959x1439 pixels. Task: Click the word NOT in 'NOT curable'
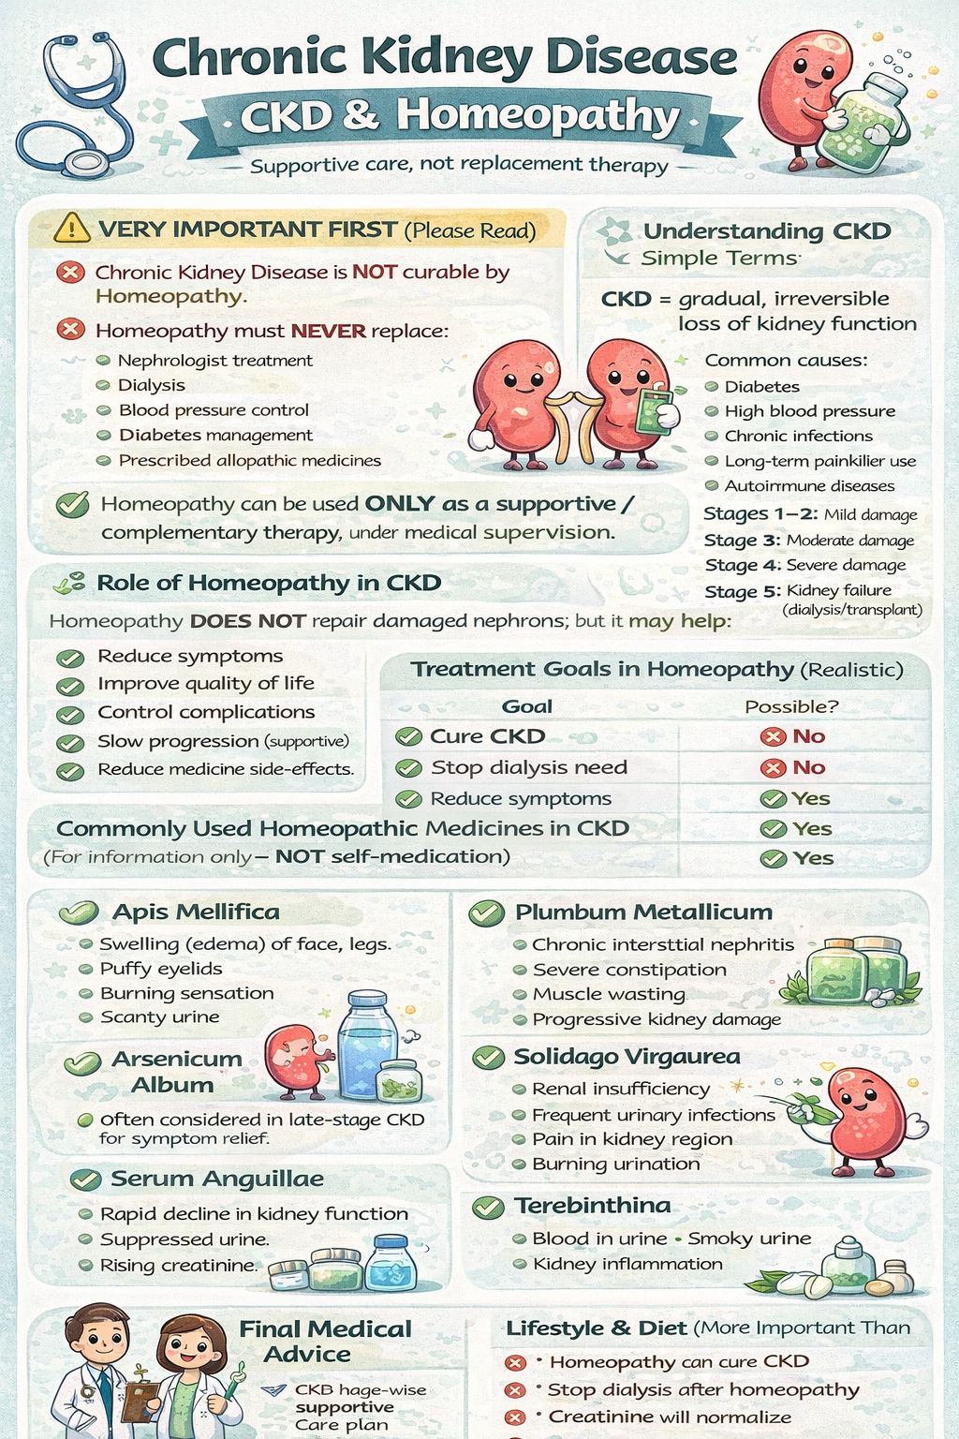coord(375,273)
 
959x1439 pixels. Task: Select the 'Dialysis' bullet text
coord(151,385)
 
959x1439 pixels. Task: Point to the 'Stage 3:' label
coord(743,541)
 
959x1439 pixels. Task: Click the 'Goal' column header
coord(527,706)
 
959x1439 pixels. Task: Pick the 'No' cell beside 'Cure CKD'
coord(807,736)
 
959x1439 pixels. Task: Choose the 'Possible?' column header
coord(791,706)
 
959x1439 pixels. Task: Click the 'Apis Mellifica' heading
coord(196,912)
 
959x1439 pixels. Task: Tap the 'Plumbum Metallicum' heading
coord(643,912)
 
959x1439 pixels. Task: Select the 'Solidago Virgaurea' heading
coord(627,1057)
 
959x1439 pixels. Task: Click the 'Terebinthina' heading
coord(592,1206)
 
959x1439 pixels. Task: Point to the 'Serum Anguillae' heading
coord(217,1179)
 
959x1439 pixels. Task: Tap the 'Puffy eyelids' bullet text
coord(161,969)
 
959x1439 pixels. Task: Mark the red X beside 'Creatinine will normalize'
coord(514,1417)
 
